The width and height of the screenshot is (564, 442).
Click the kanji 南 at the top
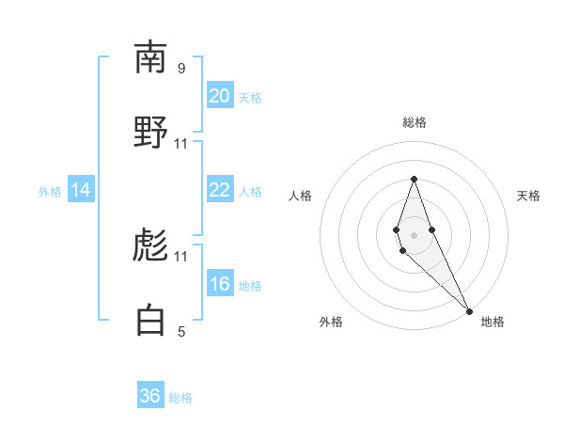click(150, 57)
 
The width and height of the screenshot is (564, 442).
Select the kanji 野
click(150, 133)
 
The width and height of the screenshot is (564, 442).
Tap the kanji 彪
click(150, 245)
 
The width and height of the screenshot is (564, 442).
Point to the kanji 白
click(150, 321)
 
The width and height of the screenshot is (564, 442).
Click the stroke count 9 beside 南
click(181, 68)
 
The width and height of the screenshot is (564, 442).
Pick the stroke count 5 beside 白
click(181, 331)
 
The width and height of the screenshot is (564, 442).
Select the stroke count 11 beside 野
click(181, 143)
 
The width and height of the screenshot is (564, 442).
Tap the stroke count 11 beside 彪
click(181, 256)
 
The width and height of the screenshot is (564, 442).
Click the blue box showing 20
click(219, 96)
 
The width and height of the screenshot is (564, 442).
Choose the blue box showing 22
click(219, 190)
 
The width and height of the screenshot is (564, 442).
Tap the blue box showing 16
click(219, 284)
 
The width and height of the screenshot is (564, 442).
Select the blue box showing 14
click(81, 190)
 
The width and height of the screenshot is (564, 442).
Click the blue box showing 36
click(150, 396)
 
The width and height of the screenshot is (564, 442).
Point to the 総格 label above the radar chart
click(414, 122)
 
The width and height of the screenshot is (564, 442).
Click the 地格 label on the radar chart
click(493, 322)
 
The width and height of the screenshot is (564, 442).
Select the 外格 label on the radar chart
click(331, 322)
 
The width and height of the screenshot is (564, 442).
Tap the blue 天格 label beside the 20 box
click(250, 98)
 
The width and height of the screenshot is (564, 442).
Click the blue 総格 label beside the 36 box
click(180, 398)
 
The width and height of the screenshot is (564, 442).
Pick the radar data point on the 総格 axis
click(414, 179)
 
